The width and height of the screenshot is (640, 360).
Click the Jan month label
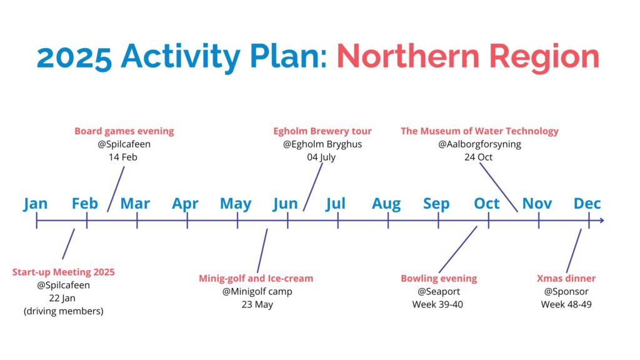(35, 204)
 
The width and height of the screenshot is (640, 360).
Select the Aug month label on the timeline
(386, 204)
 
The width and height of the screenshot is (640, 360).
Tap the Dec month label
(587, 203)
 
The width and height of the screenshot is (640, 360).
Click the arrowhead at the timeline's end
(602, 221)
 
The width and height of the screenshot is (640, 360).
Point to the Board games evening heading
(124, 131)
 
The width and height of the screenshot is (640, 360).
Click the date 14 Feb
(123, 157)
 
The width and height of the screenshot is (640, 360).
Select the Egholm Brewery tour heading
(322, 131)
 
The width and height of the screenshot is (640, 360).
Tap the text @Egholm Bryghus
(322, 144)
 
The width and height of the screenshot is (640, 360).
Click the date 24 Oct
(478, 157)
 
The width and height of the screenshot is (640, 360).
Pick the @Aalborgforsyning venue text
(479, 144)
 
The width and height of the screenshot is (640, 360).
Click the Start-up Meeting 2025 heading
(63, 272)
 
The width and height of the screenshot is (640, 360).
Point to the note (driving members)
(63, 311)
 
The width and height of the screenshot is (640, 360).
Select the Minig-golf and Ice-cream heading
(256, 278)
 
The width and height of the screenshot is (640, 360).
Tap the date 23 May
(257, 304)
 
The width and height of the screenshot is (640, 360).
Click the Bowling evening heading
(439, 278)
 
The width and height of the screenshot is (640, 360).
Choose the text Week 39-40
(437, 304)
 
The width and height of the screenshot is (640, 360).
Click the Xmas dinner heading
(566, 278)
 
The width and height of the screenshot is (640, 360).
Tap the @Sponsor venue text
(566, 291)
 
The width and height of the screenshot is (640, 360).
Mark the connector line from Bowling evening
(458, 249)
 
